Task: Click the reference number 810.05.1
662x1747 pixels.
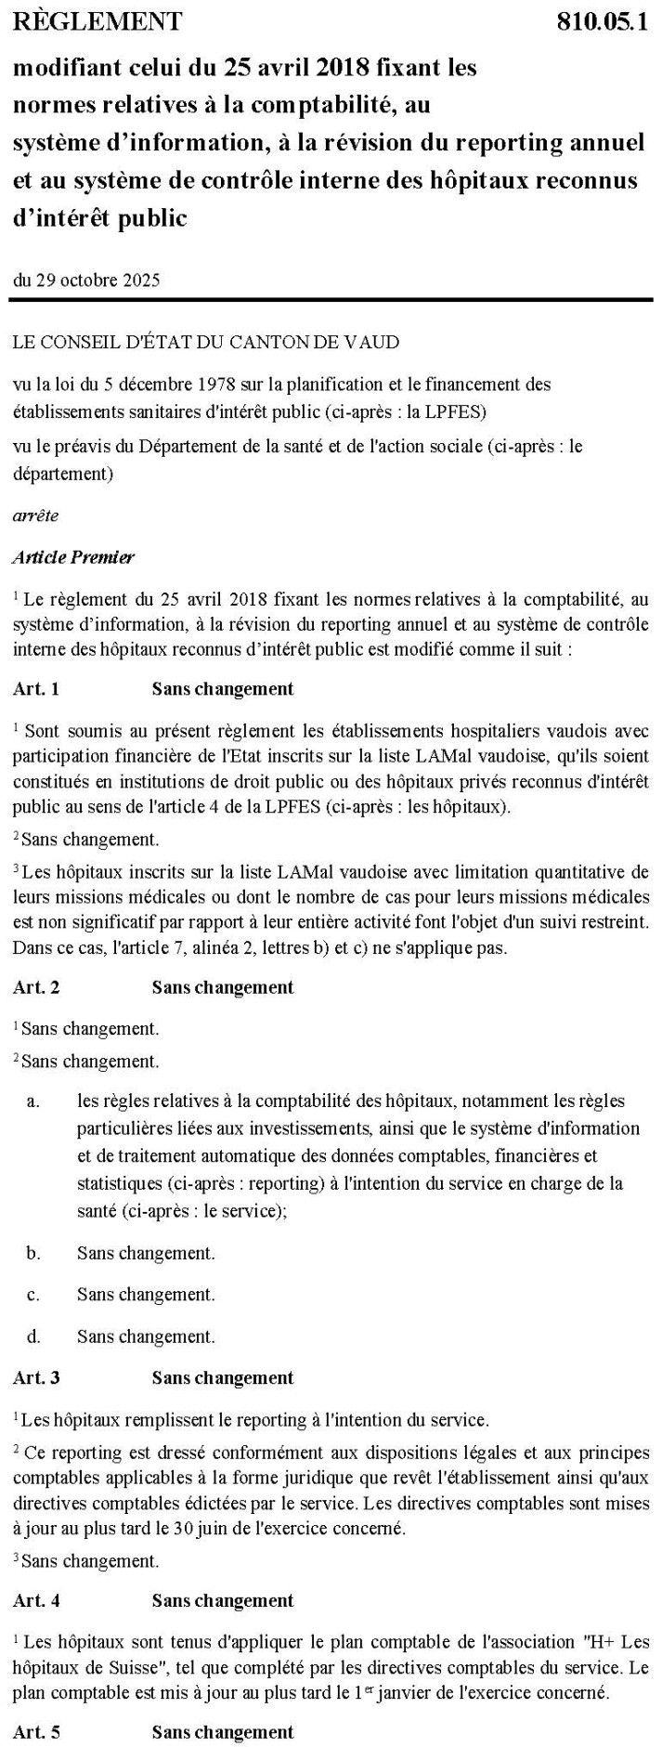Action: (x=602, y=20)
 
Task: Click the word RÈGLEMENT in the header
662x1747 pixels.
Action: (x=97, y=20)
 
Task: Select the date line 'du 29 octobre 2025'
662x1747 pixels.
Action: (x=86, y=280)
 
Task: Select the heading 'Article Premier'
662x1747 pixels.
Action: (x=73, y=557)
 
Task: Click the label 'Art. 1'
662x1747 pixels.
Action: (x=36, y=688)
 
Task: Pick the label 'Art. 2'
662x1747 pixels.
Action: (x=36, y=986)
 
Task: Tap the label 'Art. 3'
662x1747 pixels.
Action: (x=36, y=1377)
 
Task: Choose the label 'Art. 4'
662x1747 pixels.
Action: (x=36, y=1600)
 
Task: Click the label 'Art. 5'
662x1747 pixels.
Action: (x=36, y=1732)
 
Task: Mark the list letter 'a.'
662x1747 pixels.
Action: (x=33, y=1101)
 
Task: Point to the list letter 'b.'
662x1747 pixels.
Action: (x=33, y=1253)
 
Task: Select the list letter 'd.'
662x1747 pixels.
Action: (x=33, y=1336)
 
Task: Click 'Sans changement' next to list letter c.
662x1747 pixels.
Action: (x=146, y=1294)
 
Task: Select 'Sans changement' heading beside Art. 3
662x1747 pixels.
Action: (x=223, y=1377)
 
